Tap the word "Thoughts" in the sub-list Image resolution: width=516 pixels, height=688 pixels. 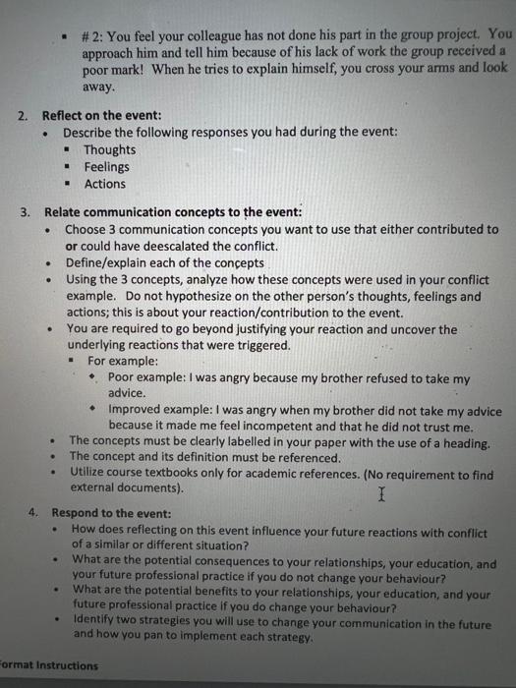coord(109,150)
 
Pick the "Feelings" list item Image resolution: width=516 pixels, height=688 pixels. coord(106,167)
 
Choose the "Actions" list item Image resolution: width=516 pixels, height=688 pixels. coord(104,184)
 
